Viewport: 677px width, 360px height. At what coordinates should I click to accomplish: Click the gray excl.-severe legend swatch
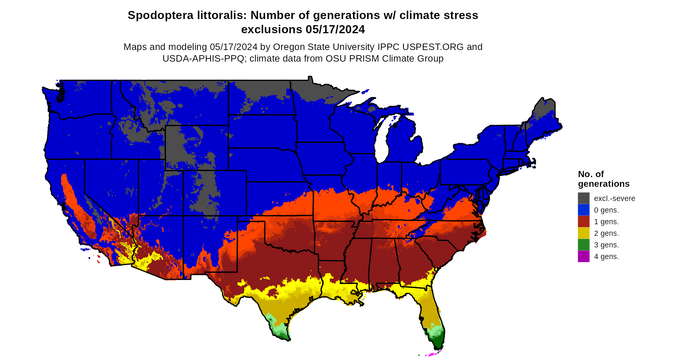coord(584,198)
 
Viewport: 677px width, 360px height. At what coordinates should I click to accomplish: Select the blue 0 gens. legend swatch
coord(584,210)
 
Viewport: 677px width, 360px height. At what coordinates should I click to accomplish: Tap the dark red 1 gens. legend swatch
coord(584,221)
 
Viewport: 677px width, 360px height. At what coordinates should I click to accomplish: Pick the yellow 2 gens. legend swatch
coord(584,233)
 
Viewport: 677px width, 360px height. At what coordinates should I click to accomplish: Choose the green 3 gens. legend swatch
coord(584,245)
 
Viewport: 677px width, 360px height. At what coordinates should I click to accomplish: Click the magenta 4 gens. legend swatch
coord(584,256)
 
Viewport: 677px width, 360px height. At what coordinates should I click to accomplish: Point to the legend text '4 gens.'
coord(606,256)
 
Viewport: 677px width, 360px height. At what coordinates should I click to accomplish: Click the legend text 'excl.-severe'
coord(614,198)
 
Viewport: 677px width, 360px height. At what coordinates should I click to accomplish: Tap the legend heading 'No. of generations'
coord(603,179)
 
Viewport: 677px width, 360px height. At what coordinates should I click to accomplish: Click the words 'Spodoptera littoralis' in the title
coord(187,15)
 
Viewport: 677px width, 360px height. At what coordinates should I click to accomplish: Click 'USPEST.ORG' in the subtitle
coord(423,47)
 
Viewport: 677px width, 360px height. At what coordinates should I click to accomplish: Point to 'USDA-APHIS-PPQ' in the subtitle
coord(203,58)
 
